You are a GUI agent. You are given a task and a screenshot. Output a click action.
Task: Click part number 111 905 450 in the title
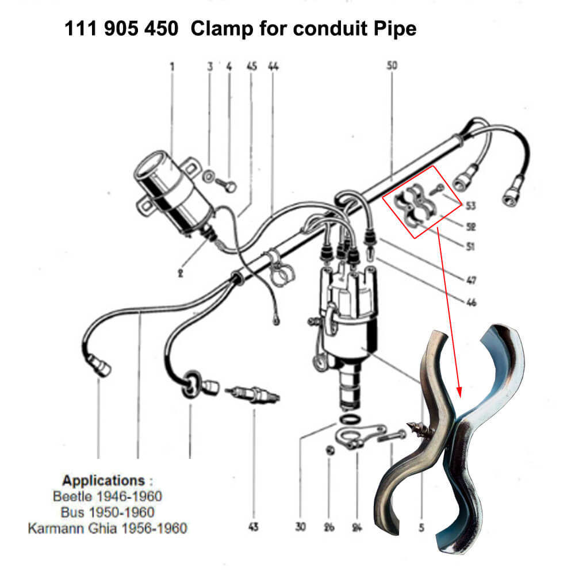click(121, 29)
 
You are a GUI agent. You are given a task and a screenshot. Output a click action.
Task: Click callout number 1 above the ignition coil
click(171, 67)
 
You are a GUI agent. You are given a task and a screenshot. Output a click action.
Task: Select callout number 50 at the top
click(392, 67)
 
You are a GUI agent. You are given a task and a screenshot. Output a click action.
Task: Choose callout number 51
click(470, 247)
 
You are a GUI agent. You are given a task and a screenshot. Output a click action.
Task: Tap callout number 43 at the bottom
click(253, 527)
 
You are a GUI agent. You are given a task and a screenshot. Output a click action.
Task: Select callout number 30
click(300, 527)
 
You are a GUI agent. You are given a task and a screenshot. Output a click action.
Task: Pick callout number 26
click(328, 527)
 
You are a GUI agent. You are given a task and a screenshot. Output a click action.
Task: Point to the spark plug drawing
click(253, 395)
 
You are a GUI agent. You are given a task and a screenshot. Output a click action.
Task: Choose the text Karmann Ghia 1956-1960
click(108, 528)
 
